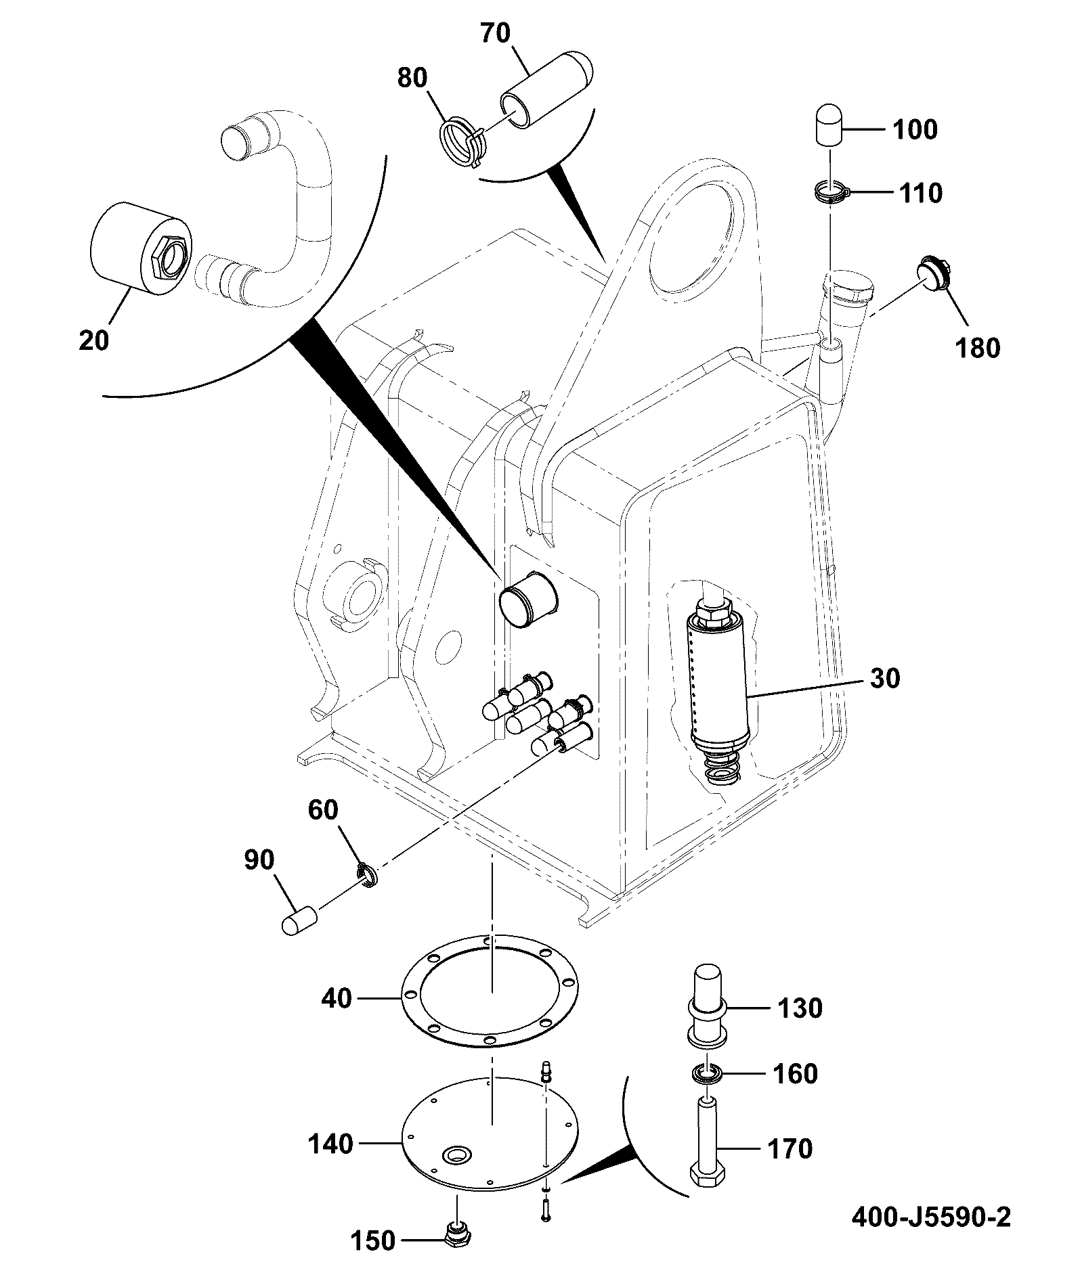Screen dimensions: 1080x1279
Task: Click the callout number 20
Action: pyautogui.click(x=93, y=340)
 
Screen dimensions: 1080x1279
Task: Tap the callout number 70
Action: pyautogui.click(x=495, y=32)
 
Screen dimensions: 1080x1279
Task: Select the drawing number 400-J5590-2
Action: pyautogui.click(x=930, y=1217)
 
